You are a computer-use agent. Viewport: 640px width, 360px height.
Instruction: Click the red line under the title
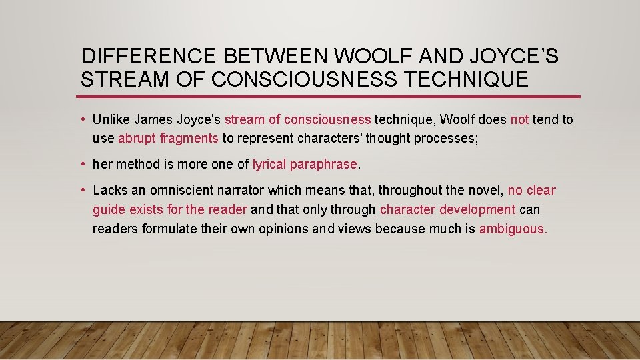tap(330, 97)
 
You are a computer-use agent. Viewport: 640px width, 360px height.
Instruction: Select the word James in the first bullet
tap(152, 120)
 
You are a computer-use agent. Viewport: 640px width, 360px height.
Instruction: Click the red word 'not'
tap(519, 120)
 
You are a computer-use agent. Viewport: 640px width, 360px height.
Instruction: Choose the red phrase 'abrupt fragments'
tap(168, 138)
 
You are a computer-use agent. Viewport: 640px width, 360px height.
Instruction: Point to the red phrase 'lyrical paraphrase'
tap(305, 164)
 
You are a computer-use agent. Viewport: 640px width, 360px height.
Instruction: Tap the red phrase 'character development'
tap(447, 209)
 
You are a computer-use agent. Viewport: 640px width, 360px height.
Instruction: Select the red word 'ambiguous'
tap(511, 229)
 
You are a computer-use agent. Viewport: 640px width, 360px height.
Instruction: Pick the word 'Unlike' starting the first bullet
tap(111, 120)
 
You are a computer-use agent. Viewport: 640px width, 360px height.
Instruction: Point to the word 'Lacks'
tap(109, 191)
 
